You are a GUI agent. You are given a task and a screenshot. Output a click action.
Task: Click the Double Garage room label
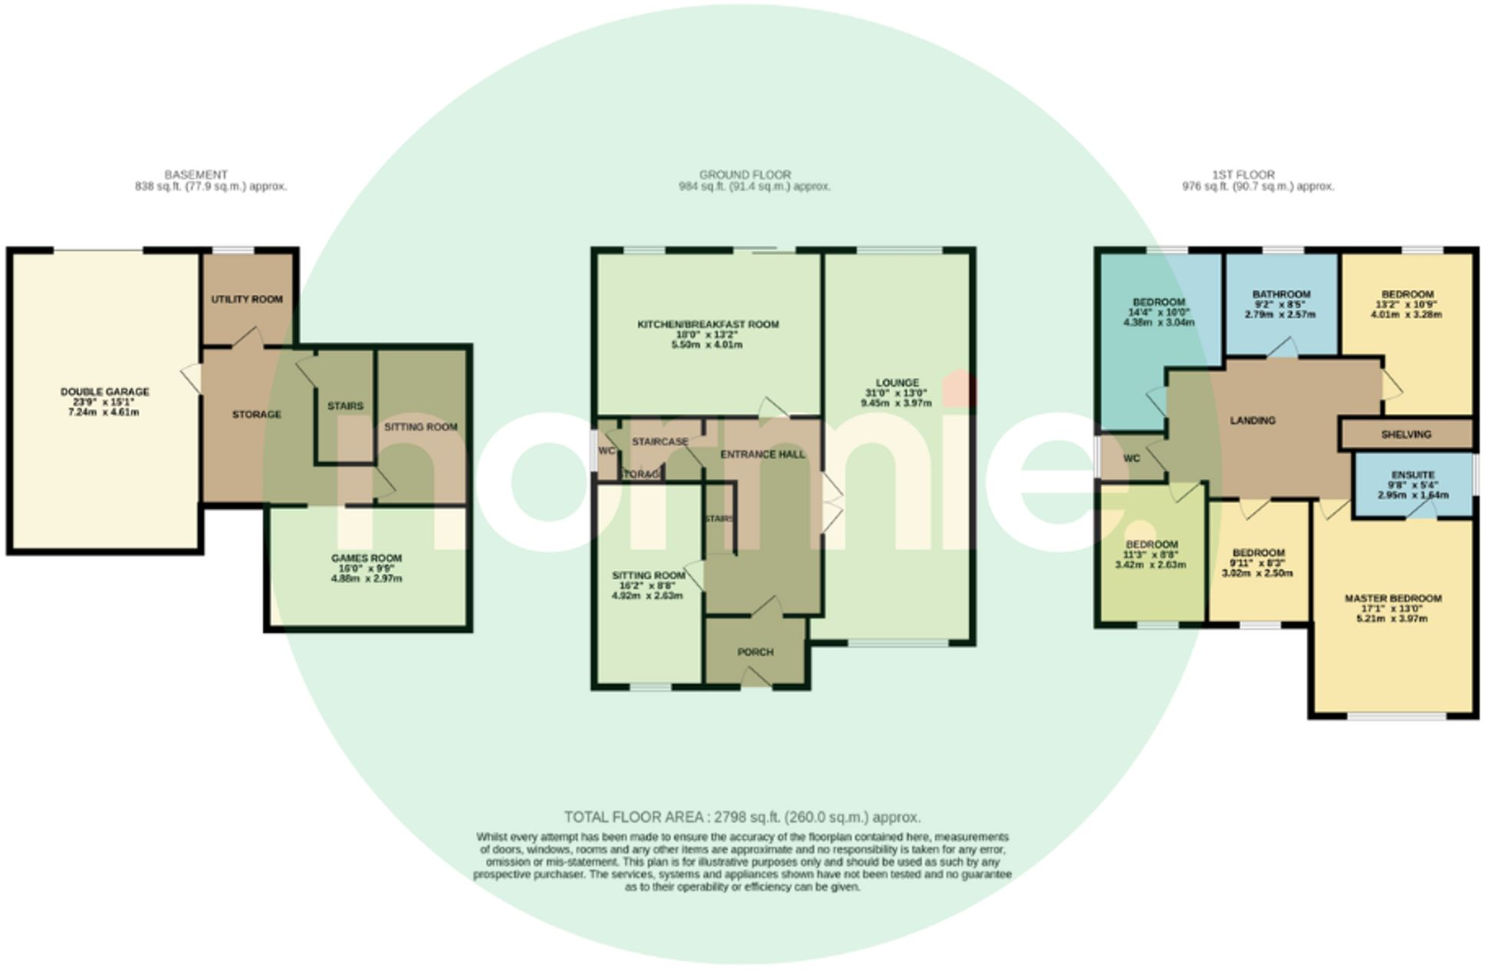coord(105,392)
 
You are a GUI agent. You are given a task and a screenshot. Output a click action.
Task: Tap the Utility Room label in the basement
coord(247,299)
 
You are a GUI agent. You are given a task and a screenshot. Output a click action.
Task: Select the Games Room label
coord(366,558)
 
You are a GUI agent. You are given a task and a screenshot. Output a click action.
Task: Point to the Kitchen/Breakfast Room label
coord(708,324)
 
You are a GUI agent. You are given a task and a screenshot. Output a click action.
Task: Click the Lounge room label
coord(897,383)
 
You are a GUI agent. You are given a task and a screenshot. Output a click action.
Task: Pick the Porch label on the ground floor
coord(755,652)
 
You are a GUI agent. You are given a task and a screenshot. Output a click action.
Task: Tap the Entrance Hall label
coord(763,454)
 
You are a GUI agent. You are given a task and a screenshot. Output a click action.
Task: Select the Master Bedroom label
coord(1392,598)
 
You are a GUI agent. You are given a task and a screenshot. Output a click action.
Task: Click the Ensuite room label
coord(1412,475)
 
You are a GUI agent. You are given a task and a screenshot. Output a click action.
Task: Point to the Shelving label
coord(1406,434)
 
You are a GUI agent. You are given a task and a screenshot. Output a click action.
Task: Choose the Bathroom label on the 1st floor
coord(1281,294)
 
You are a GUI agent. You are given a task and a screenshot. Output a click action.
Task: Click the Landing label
coord(1253,420)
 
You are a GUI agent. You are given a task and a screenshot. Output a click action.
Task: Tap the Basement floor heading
coord(195,175)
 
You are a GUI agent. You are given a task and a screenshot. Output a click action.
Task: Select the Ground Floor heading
coord(744,175)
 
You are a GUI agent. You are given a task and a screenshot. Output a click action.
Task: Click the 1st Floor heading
coord(1244,175)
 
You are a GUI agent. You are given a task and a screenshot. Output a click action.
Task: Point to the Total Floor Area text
coord(742,817)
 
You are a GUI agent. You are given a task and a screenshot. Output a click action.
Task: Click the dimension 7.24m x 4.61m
coord(103,413)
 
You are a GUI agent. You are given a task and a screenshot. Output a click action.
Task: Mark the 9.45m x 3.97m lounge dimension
coord(896,403)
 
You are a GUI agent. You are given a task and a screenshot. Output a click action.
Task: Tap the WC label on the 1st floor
coord(1132,459)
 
